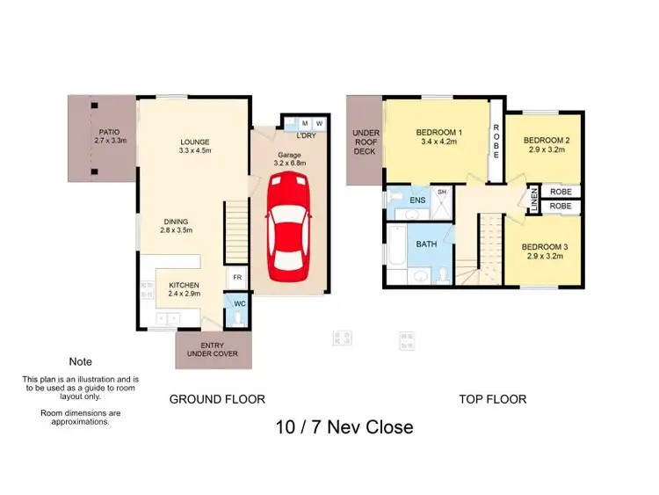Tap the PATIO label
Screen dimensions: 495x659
111,135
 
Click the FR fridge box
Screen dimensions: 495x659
235,279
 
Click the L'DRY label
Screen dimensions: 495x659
306,136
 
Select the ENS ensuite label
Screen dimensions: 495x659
417,200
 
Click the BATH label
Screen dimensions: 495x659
426,244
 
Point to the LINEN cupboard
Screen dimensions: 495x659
532,199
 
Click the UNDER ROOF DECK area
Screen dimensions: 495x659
365,143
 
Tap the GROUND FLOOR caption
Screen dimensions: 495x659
216,399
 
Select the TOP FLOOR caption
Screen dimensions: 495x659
492,399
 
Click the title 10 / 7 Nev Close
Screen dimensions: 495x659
344,428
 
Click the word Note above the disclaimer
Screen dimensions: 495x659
79,361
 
